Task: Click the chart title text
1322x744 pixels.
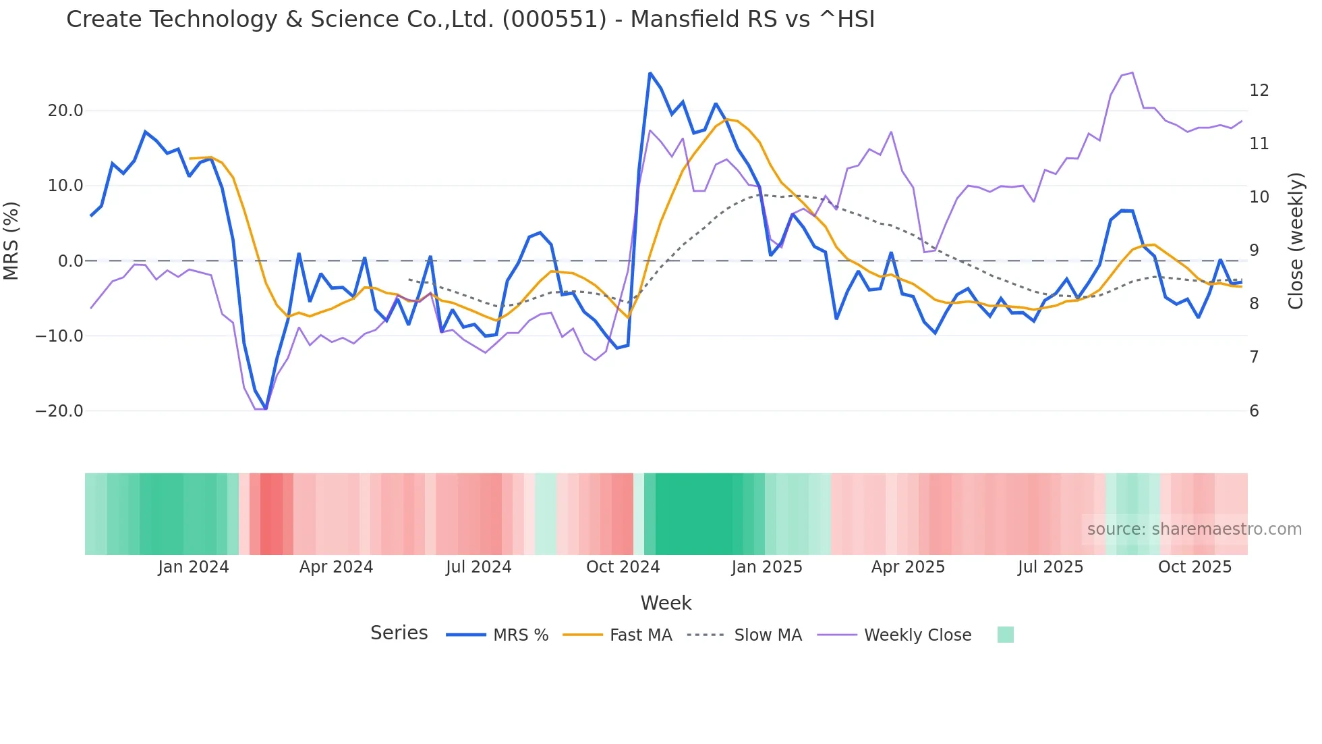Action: (470, 20)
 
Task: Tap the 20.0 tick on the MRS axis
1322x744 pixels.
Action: (65, 111)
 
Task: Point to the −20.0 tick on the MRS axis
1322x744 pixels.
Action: (59, 411)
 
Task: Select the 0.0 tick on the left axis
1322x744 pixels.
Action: (70, 261)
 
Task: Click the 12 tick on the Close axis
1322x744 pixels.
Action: (1259, 90)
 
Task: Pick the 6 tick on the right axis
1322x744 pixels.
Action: (1254, 411)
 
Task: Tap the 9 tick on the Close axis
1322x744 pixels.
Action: (1254, 250)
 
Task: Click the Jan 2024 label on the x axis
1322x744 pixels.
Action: (194, 567)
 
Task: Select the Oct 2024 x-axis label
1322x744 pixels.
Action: (623, 567)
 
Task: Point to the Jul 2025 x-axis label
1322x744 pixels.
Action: (1050, 567)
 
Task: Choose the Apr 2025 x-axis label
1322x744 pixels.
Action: (908, 567)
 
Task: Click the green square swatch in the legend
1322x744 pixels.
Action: (1005, 635)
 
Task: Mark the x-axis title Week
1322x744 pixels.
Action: (666, 603)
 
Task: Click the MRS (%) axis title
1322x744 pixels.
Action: (11, 240)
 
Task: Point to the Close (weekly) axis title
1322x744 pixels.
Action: (1295, 240)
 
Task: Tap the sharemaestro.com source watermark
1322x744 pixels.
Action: (1194, 529)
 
